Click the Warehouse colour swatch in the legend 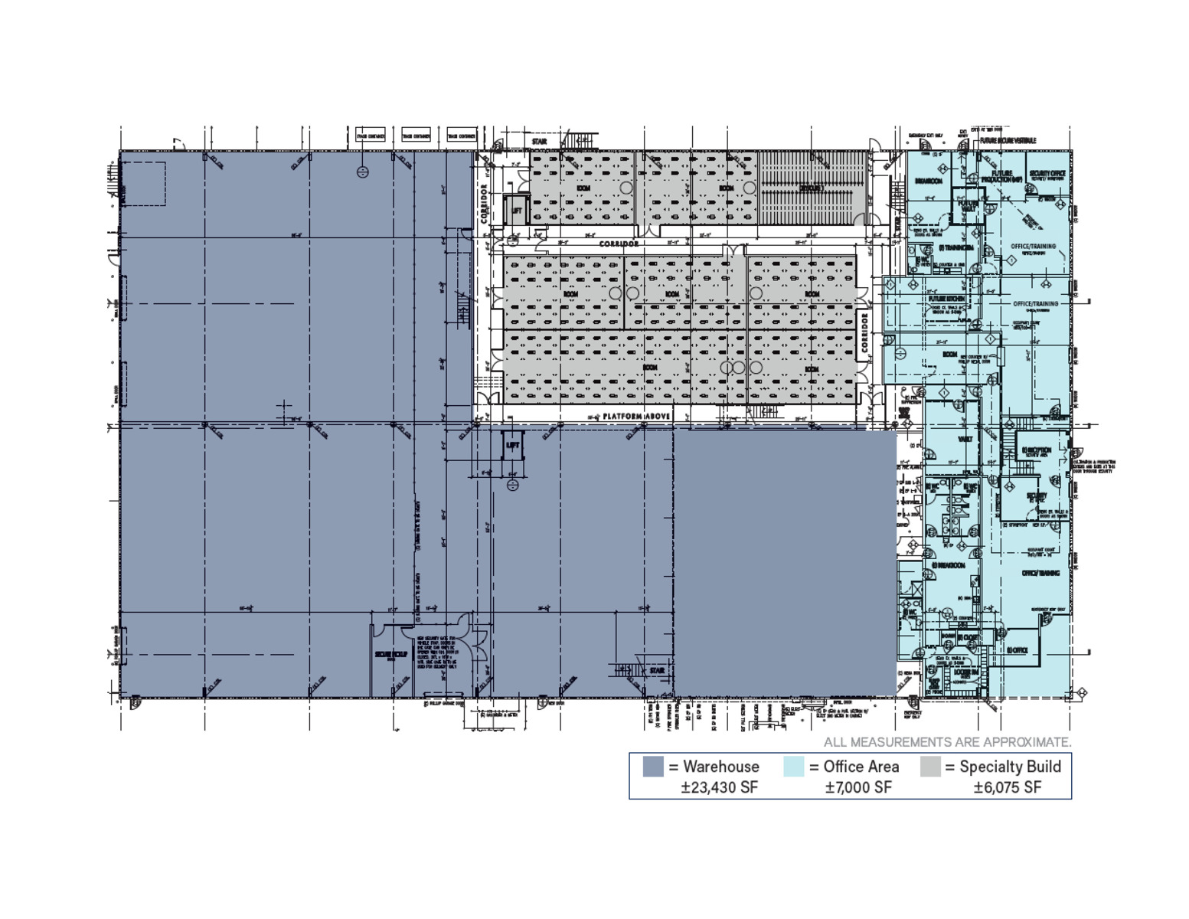click(652, 767)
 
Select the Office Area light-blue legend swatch click(794, 767)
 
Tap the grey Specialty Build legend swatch click(930, 767)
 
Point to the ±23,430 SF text click(719, 787)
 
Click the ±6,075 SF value click(1007, 787)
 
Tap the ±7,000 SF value click(857, 787)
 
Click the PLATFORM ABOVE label click(636, 417)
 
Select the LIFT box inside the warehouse click(513, 445)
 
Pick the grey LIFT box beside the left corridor click(517, 210)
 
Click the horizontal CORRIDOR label click(619, 244)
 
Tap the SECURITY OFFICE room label click(1047, 175)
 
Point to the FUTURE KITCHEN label click(946, 299)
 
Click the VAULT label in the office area click(965, 440)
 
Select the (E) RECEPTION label click(1037, 450)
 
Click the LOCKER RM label click(965, 672)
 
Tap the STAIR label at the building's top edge click(539, 142)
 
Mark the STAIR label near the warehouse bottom click(657, 671)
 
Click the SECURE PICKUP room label click(391, 655)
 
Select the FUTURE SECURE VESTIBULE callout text click(1008, 141)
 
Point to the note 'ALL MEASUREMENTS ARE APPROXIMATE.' click(947, 742)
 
